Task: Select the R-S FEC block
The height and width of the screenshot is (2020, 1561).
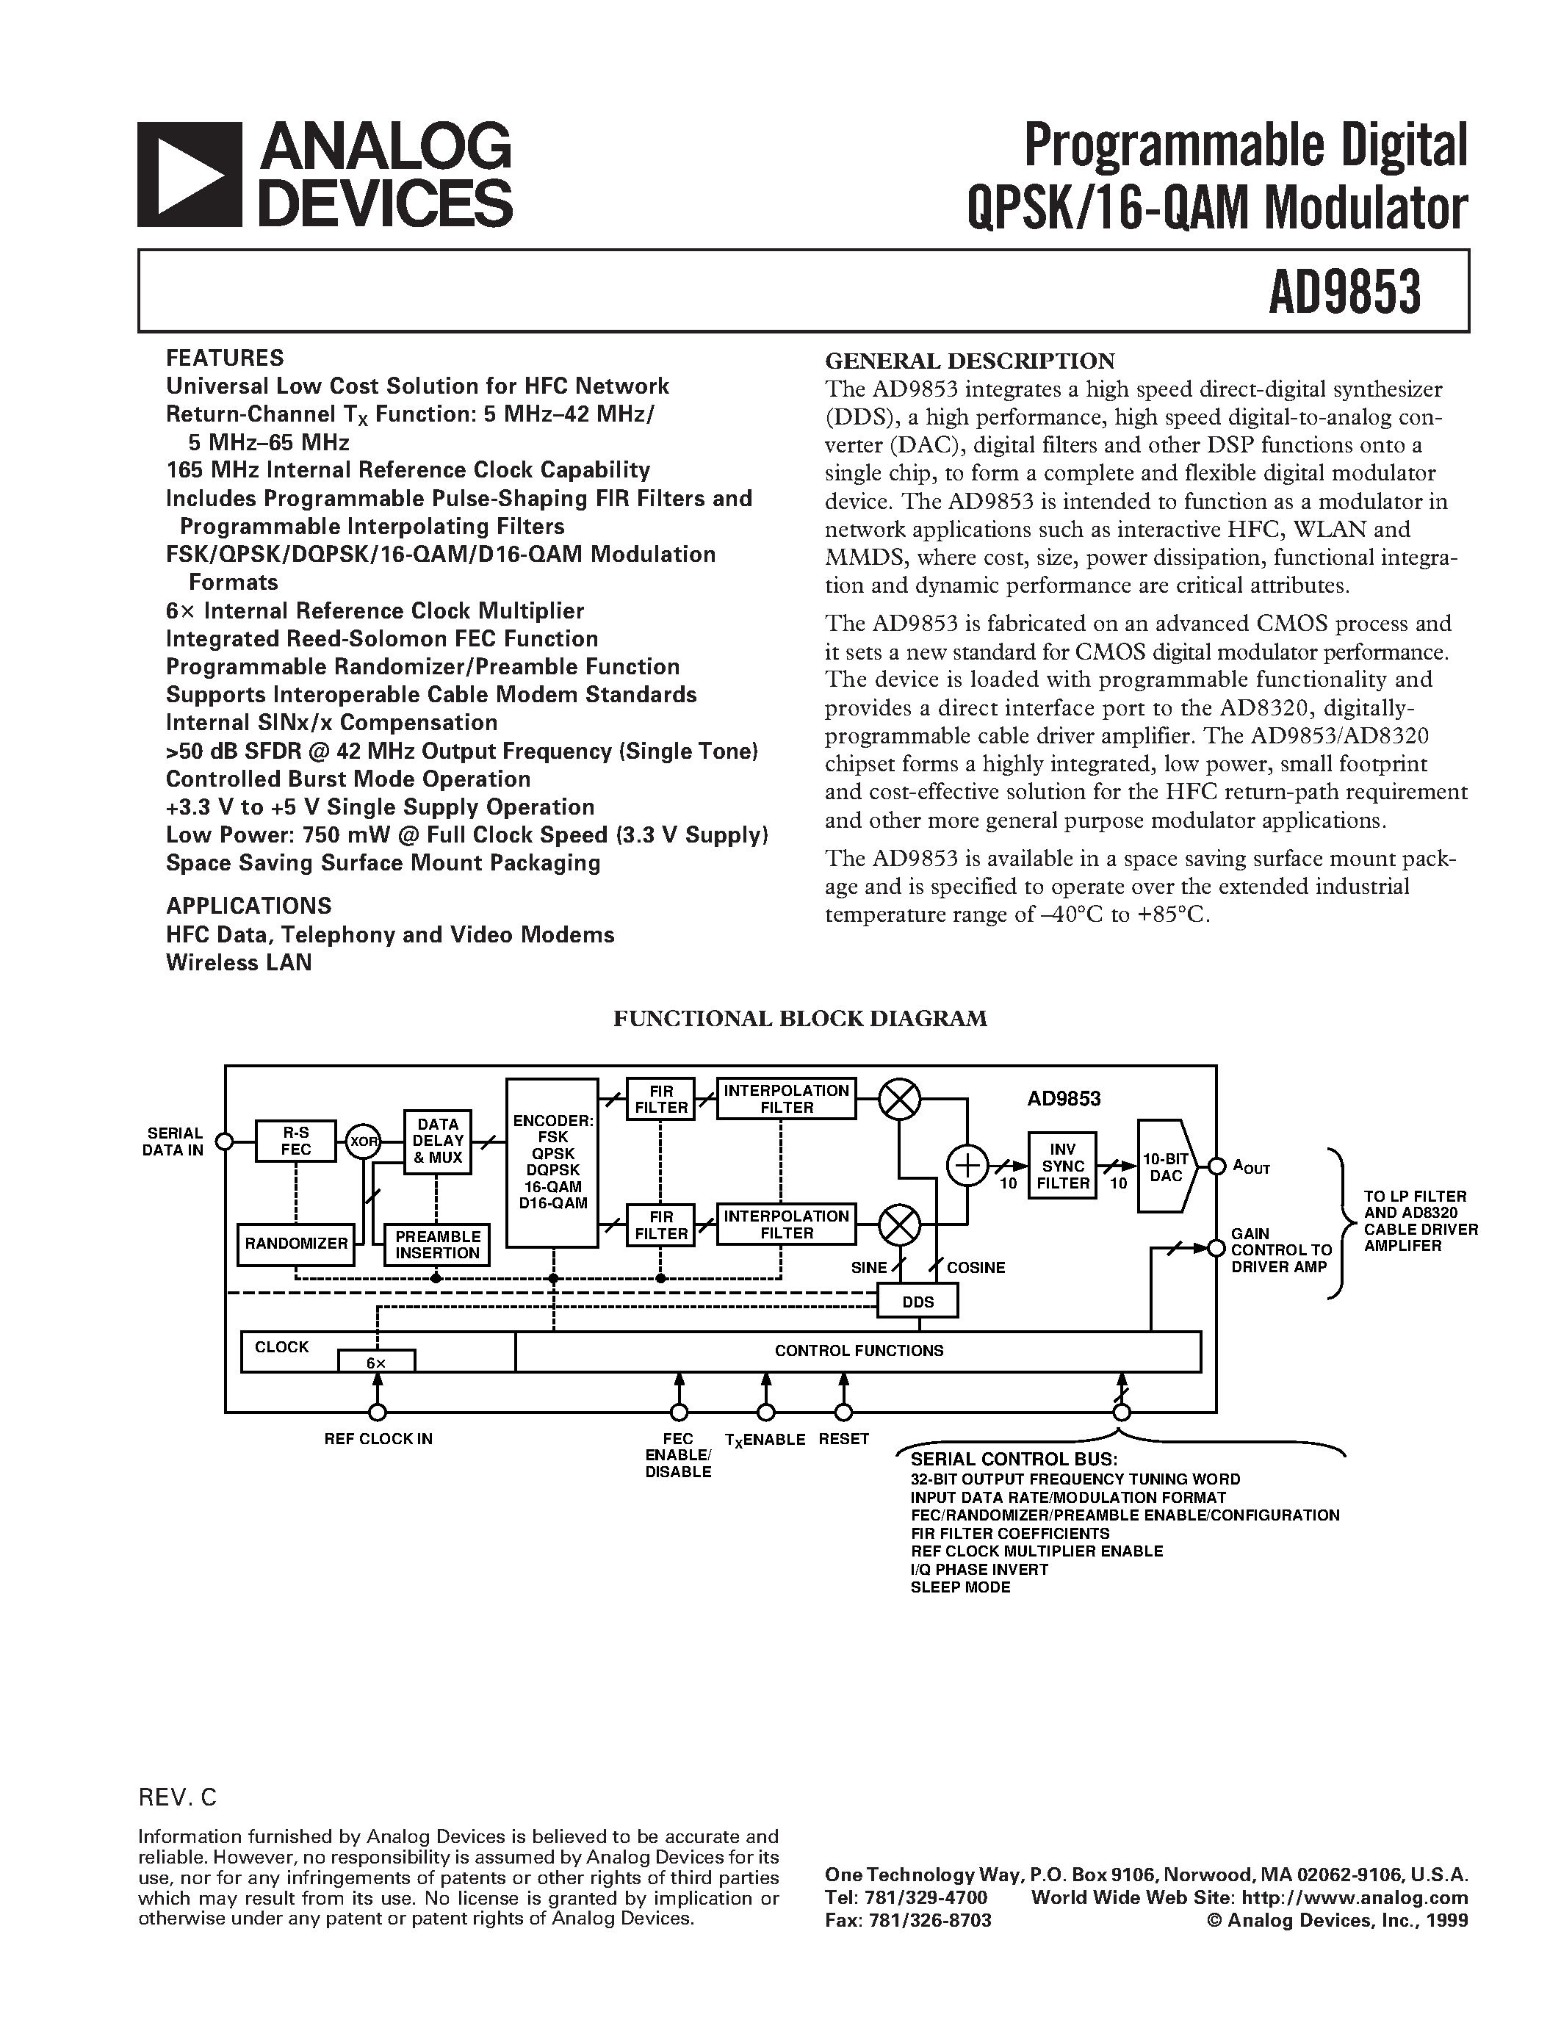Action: [x=296, y=1141]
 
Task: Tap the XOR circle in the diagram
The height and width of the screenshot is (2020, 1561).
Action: [x=364, y=1141]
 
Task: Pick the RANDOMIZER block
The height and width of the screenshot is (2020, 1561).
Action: [x=296, y=1243]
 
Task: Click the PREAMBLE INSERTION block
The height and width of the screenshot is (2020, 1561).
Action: [x=437, y=1244]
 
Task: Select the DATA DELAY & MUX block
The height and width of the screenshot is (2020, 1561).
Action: [x=437, y=1141]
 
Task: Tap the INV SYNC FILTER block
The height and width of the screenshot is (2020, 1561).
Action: [x=1062, y=1166]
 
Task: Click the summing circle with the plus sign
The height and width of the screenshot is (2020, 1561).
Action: [x=967, y=1166]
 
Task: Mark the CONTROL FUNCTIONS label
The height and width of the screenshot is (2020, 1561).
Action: [x=858, y=1350]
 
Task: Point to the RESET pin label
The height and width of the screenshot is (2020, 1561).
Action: [x=843, y=1439]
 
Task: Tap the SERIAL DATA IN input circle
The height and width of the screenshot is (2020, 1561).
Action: [x=223, y=1141]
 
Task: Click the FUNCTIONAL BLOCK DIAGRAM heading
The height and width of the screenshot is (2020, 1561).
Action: [x=800, y=1018]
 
